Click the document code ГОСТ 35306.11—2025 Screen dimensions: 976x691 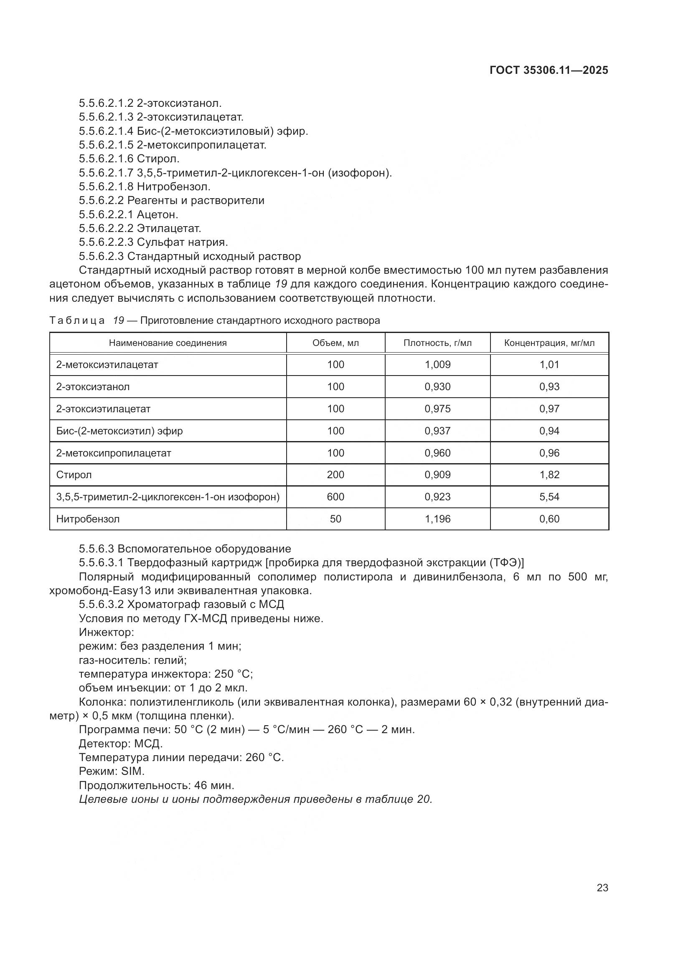tap(549, 71)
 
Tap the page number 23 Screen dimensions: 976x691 tap(602, 888)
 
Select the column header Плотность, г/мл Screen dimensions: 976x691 tap(437, 343)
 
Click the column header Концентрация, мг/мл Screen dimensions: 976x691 tap(549, 343)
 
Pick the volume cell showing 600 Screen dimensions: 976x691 tap(335, 497)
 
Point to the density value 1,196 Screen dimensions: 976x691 tap(437, 519)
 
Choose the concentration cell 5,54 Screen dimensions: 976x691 tap(549, 497)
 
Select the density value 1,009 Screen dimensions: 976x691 tap(437, 364)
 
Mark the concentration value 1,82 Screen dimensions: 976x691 tap(549, 474)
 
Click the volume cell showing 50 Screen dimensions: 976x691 tap(335, 519)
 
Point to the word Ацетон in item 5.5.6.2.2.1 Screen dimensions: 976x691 tap(157, 214)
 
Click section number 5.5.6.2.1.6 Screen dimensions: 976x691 tap(107, 159)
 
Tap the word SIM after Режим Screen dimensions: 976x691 tap(133, 771)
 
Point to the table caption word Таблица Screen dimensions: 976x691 tap(77, 320)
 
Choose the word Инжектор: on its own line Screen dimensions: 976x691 tap(107, 632)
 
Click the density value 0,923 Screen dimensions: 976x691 tap(437, 497)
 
